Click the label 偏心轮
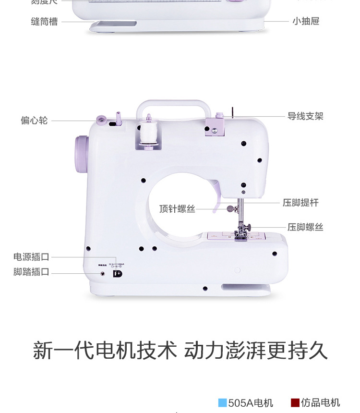coord(34,120)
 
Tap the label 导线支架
coord(305,116)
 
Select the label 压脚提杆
coord(300,203)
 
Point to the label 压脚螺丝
coord(305,227)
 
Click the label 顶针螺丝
coord(178,209)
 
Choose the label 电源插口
coord(31,257)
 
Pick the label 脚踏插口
coord(31,272)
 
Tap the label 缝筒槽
coord(44,21)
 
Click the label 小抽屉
coord(306,21)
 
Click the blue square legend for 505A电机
coord(222,402)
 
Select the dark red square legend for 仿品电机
coord(295,402)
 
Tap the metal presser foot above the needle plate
coord(240,234)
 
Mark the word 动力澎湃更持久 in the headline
coord(256,351)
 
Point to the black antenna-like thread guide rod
coord(232,111)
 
